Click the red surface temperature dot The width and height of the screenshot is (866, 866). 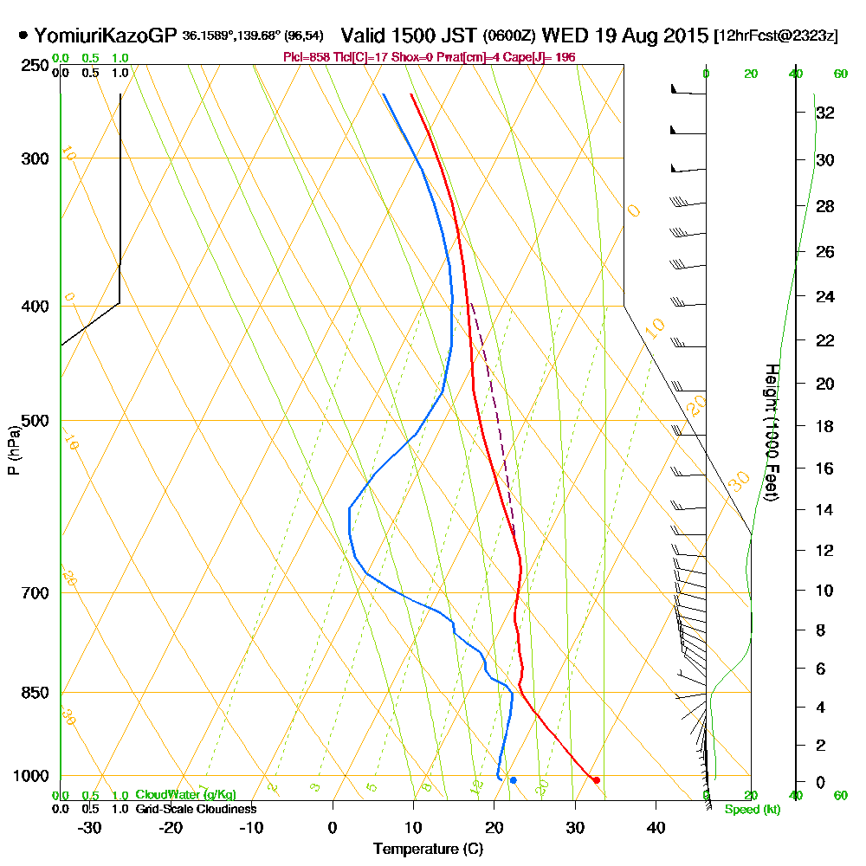click(596, 780)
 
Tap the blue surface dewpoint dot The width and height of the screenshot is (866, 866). click(514, 780)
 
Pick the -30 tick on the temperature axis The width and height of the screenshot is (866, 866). click(90, 827)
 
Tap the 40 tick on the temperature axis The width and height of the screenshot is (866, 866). click(656, 827)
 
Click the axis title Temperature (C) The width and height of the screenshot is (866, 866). click(428, 850)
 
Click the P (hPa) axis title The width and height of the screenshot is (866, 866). click(13, 449)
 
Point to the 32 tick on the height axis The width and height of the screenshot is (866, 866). click(825, 112)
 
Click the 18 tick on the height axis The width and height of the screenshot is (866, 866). click(825, 426)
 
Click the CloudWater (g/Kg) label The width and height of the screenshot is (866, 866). click(185, 795)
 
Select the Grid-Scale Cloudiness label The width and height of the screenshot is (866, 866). click(195, 809)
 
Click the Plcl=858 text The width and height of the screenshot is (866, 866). click(309, 57)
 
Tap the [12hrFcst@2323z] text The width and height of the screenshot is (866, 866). click(775, 37)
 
